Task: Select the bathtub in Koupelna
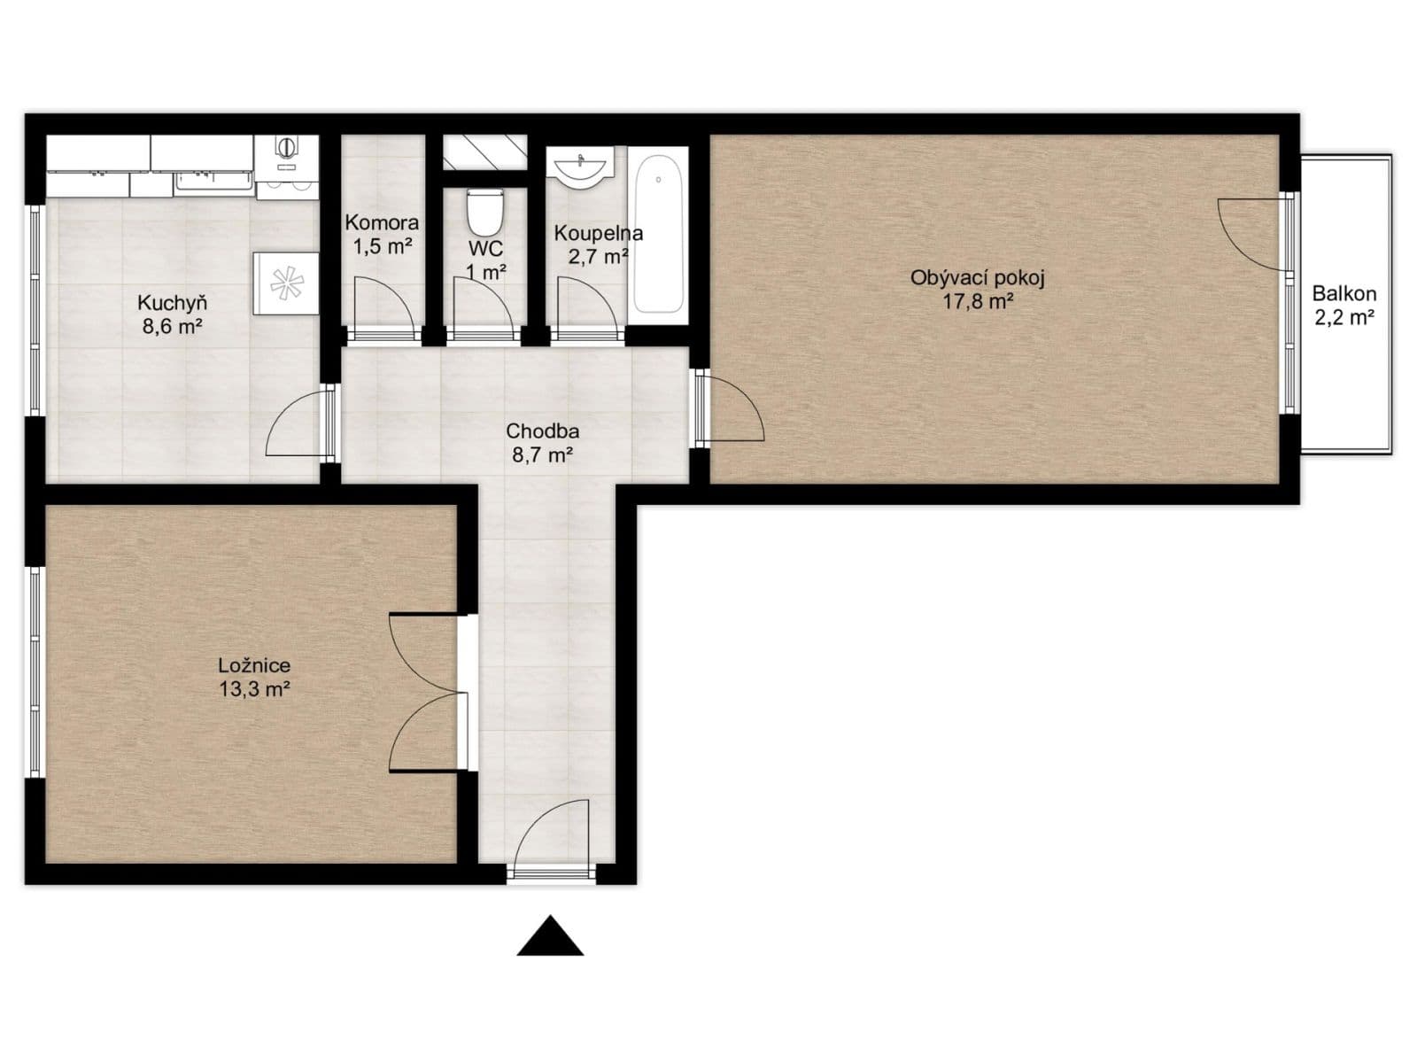click(x=660, y=234)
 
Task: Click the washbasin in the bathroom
click(x=581, y=167)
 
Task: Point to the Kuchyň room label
click(x=173, y=303)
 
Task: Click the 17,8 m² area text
click(x=978, y=301)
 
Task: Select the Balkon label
click(x=1343, y=293)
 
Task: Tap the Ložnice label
click(x=254, y=665)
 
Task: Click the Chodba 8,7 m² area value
click(x=542, y=455)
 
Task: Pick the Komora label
click(x=382, y=222)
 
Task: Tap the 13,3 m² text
click(x=254, y=689)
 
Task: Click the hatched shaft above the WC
click(x=484, y=152)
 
